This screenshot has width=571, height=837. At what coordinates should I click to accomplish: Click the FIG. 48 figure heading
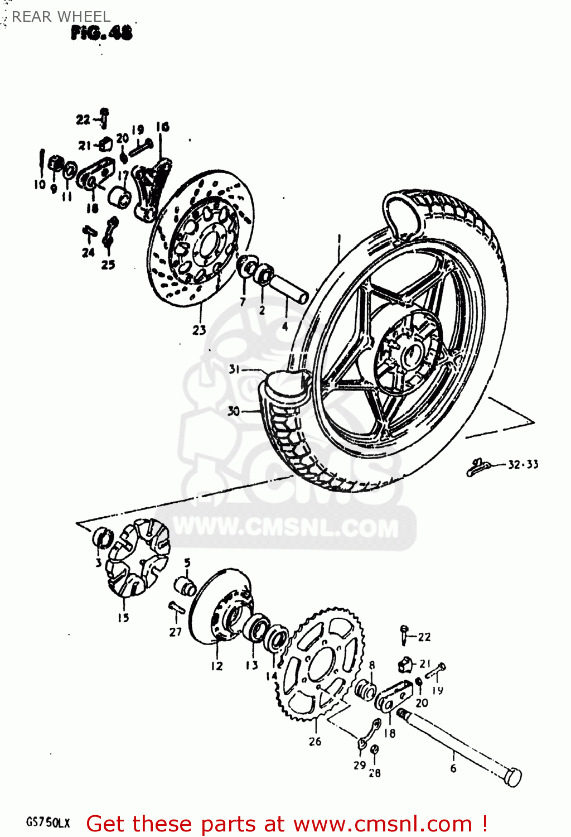point(101,33)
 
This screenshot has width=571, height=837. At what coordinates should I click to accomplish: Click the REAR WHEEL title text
point(61,17)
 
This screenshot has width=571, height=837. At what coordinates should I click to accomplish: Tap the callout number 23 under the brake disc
point(199,330)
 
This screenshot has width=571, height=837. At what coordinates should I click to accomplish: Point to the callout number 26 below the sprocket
point(315,742)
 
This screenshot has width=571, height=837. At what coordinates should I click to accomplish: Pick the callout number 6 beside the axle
point(453,768)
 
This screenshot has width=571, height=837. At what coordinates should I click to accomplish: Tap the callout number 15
point(123,618)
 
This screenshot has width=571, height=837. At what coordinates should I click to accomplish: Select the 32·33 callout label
point(523,464)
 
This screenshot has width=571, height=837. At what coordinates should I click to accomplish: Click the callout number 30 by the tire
point(234,411)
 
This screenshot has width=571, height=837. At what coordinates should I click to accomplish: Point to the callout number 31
point(235,369)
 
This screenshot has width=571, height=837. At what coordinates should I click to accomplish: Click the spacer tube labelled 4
point(288,290)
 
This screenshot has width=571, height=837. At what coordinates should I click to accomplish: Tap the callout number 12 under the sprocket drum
point(216,666)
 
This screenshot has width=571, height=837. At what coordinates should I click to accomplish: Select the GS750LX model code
point(48,823)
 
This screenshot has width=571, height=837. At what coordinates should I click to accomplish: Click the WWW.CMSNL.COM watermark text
point(286,527)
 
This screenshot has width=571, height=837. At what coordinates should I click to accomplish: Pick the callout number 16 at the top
point(162,127)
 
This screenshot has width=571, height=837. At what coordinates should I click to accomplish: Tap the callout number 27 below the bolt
point(176,632)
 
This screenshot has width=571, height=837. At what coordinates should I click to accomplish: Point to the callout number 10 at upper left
point(40,185)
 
